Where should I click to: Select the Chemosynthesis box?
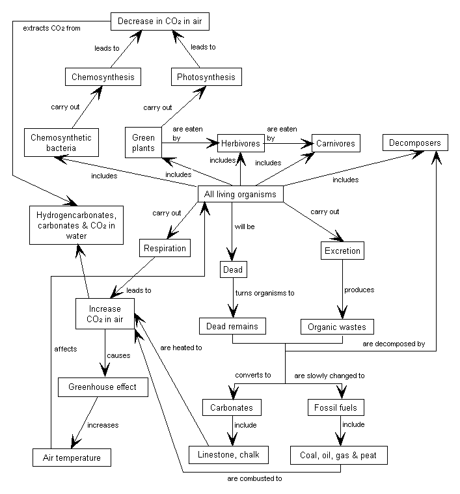[103, 77]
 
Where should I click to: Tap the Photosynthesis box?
[206, 77]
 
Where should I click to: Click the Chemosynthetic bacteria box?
[61, 143]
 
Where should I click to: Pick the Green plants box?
[143, 143]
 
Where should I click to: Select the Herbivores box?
[240, 143]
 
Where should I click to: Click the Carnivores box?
[336, 143]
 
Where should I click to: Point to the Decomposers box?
[415, 143]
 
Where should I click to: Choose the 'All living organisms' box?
[241, 194]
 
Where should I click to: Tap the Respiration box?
[165, 248]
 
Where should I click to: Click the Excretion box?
[342, 251]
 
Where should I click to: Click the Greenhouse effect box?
[103, 387]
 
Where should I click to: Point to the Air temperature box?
[72, 458]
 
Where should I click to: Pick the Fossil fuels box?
[336, 408]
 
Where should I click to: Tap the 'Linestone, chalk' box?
[227, 454]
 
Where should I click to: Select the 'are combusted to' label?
[255, 478]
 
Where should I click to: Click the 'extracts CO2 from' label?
[51, 29]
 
